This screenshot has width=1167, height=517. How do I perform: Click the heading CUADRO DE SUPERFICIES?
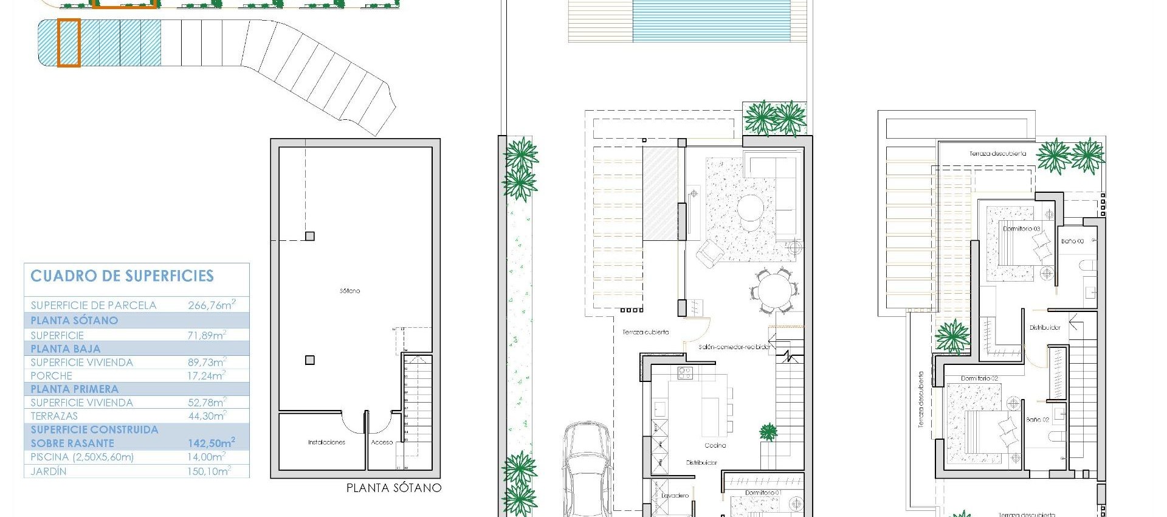point(122,276)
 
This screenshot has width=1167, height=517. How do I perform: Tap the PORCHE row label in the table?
point(52,376)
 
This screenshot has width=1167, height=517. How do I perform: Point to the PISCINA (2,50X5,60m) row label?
point(82,457)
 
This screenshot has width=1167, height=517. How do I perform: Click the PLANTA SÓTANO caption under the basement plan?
point(393,488)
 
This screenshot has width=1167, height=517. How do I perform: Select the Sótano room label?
point(349,291)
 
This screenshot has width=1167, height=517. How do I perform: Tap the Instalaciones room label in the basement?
point(326,442)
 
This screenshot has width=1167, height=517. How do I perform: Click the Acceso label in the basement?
point(382,442)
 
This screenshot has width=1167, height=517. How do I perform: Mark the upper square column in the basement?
point(310,236)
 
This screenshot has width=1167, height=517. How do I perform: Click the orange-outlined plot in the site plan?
point(69,42)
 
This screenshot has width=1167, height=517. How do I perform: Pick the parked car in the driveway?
point(586,468)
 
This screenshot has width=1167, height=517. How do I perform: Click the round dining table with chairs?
point(774,291)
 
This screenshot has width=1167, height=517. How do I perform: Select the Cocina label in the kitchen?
point(715,445)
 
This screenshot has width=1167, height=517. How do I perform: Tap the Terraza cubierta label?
point(645,332)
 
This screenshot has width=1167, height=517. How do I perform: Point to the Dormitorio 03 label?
point(1021,229)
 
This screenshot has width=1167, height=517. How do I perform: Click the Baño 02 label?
point(1038,420)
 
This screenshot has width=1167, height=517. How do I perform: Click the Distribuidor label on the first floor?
point(1045,327)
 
